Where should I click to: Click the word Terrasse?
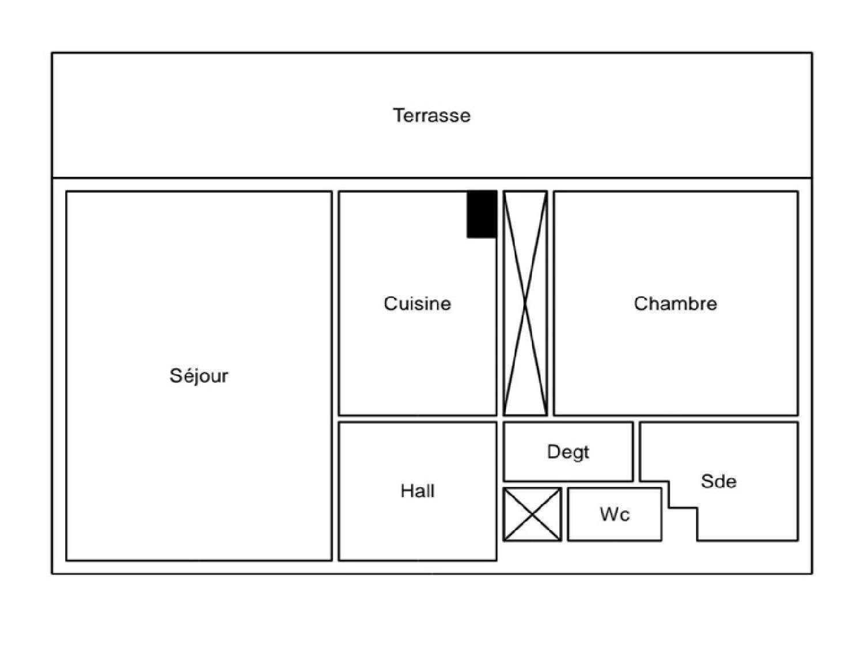[431, 115]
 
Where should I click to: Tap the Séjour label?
[199, 376]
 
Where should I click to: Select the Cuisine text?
[417, 304]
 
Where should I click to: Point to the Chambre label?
[675, 304]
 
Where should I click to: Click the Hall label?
[417, 491]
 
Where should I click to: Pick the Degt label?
[568, 452]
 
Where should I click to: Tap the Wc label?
[615, 514]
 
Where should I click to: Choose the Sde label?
[718, 481]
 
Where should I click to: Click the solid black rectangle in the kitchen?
[482, 214]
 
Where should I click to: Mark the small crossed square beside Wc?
[532, 514]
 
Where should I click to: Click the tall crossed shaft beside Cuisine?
[525, 303]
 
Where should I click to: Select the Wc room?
[615, 528]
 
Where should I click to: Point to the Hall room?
[417, 525]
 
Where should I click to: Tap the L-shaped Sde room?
[749, 513]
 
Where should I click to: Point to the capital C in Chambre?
[640, 304]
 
